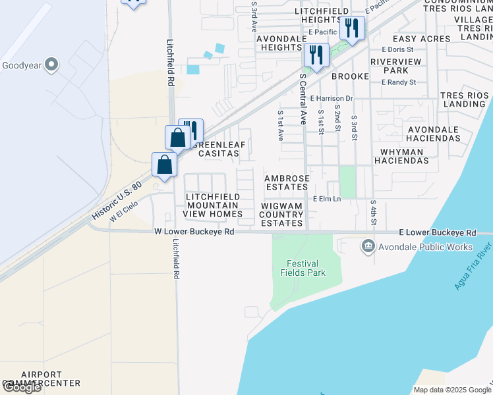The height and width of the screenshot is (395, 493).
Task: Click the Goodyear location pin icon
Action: [x=51, y=65]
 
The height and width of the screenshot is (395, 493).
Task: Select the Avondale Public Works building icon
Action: [x=368, y=247]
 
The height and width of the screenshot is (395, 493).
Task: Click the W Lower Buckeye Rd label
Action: [x=194, y=232]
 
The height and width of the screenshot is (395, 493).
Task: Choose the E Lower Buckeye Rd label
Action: [x=438, y=233]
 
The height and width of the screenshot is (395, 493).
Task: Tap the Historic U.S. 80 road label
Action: [x=117, y=201]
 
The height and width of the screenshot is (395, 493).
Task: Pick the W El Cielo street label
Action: [x=125, y=211]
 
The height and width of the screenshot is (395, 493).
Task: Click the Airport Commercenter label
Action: [x=41, y=378]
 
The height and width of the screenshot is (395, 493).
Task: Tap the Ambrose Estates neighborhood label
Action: [x=286, y=182]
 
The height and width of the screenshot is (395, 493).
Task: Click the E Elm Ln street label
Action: [x=327, y=198]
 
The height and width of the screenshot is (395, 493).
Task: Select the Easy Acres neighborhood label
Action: [x=421, y=39]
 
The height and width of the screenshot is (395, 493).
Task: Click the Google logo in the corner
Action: [x=22, y=387]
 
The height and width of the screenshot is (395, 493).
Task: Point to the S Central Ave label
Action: [x=303, y=99]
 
